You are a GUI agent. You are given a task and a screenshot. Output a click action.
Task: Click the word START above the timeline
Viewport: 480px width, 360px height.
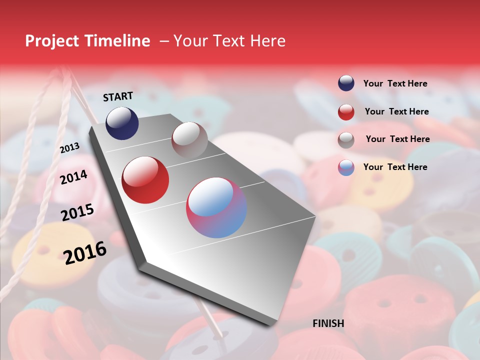[118, 96]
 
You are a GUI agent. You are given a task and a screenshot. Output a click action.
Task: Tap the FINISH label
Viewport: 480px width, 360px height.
[328, 323]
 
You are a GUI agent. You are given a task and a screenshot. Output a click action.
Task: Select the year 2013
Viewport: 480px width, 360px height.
[69, 148]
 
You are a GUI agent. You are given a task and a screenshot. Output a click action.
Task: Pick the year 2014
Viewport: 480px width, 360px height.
[73, 177]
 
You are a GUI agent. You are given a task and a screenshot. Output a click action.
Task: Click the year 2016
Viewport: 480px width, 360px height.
[85, 252]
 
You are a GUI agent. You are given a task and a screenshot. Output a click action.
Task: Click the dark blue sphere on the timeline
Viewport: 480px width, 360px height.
[122, 123]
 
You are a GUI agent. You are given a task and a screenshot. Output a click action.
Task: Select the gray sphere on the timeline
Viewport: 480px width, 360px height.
[189, 140]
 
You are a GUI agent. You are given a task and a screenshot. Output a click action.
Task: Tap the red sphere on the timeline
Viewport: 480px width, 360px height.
[145, 180]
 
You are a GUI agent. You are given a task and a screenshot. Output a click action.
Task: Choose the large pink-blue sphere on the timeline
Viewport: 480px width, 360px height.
[216, 207]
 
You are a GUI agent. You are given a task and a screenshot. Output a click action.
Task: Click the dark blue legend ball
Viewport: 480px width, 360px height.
[346, 83]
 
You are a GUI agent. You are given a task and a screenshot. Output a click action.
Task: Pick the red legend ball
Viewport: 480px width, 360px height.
[346, 112]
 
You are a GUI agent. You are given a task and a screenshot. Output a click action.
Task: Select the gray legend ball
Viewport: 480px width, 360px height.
[346, 140]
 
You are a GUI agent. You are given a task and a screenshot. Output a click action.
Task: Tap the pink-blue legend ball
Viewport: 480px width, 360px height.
[346, 167]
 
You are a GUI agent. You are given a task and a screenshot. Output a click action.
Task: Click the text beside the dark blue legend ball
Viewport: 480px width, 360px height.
[395, 83]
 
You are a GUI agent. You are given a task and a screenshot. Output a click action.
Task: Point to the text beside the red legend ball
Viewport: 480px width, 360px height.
[396, 111]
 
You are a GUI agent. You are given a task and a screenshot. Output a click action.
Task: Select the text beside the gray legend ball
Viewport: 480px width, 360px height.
[397, 139]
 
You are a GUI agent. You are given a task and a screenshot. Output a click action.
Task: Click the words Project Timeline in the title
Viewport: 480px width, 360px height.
[87, 41]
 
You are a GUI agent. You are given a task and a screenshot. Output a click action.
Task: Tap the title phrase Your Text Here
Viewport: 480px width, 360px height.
[229, 41]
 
